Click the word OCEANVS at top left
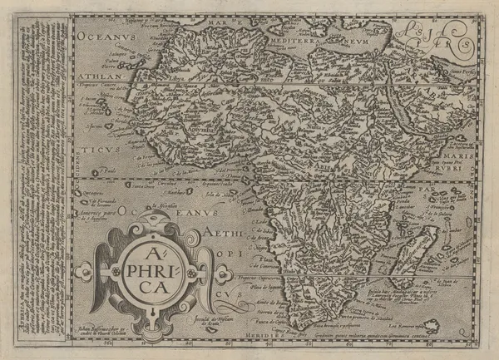coord(107,37)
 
